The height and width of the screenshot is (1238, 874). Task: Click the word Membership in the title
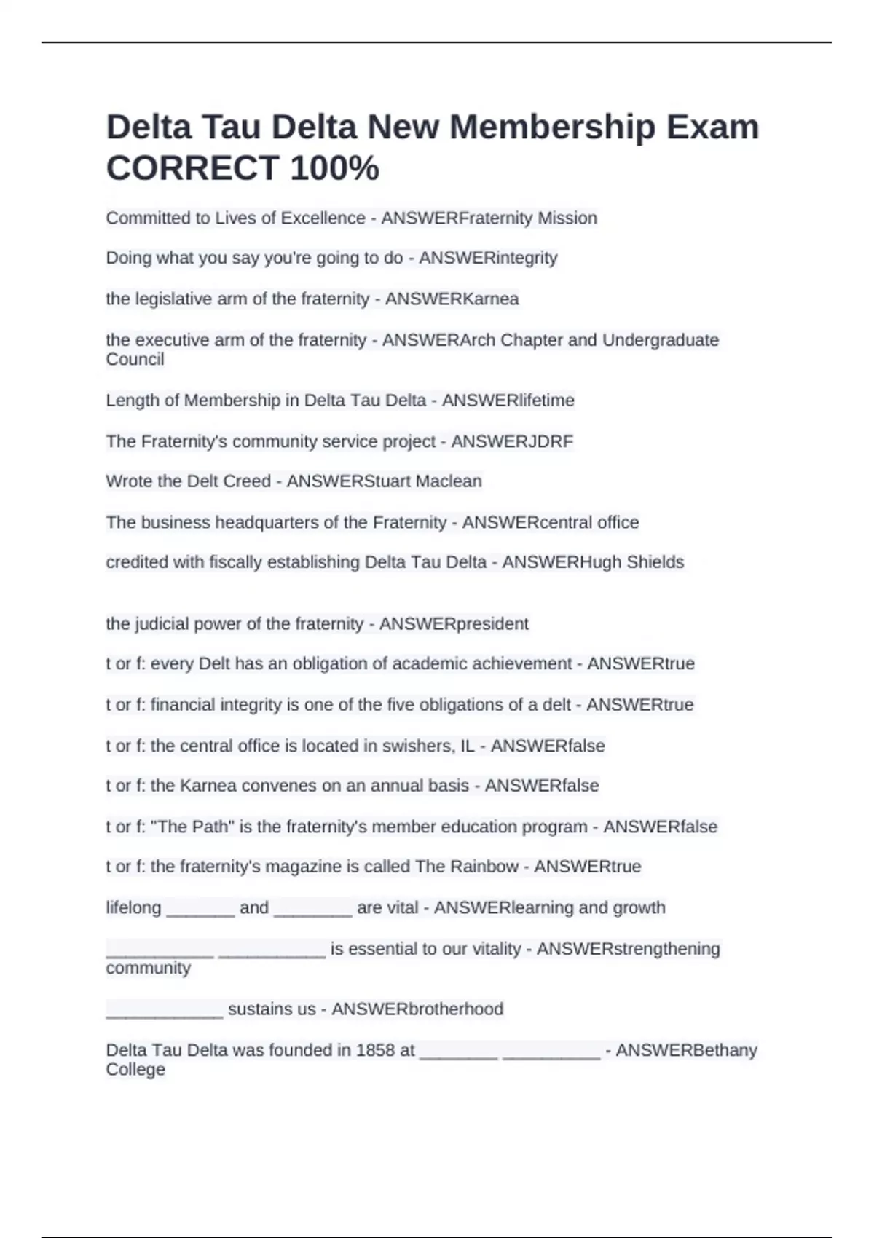point(552,127)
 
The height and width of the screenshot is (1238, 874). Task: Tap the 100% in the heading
point(334,168)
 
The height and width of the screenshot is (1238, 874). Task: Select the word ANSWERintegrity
point(488,258)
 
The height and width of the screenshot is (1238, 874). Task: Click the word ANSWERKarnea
point(452,299)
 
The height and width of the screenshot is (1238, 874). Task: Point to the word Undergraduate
point(661,340)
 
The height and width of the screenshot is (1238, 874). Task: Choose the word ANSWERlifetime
point(508,401)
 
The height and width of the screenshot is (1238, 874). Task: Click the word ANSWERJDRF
point(512,441)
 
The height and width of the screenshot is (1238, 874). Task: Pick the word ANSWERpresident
point(454,624)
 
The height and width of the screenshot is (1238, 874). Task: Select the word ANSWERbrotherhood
point(417,1009)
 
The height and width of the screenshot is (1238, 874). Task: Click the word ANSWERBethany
point(686,1050)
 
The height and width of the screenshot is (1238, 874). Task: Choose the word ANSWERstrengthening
point(628,949)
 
